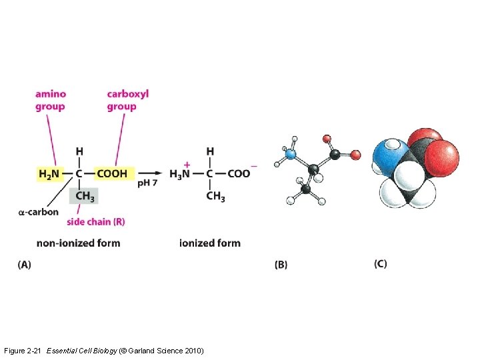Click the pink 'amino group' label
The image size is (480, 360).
tap(51, 100)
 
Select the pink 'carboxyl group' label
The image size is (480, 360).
tap(127, 100)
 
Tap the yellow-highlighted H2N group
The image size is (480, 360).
tap(49, 174)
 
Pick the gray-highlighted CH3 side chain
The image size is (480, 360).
tap(84, 195)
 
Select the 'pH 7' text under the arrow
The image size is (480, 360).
tap(147, 183)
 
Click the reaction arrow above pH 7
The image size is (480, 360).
tap(150, 173)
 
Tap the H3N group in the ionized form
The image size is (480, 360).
tap(180, 174)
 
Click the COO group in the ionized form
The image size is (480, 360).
tap(239, 174)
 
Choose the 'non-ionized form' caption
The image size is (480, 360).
tap(79, 243)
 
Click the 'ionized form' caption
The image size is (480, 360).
tap(210, 243)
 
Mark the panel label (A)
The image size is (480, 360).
tap(24, 265)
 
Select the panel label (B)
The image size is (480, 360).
tap(281, 265)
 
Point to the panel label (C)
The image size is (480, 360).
tap(380, 264)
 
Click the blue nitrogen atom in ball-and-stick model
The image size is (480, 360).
tap(289, 154)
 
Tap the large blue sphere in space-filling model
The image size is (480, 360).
tap(388, 155)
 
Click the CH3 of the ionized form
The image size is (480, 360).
tap(215, 196)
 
